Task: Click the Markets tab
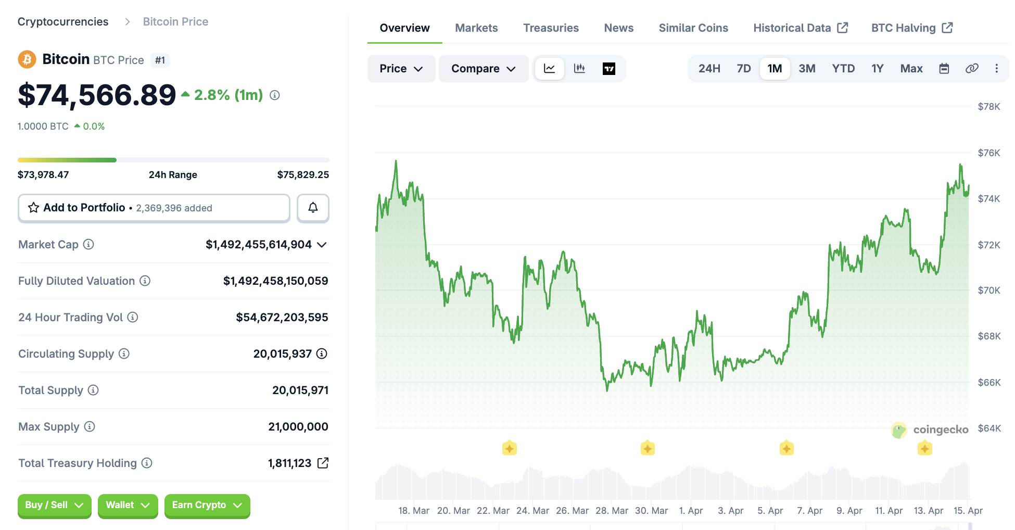pos(476,28)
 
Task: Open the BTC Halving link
pos(911,28)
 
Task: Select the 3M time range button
pos(807,69)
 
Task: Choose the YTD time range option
pos(843,69)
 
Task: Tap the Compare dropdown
pos(483,69)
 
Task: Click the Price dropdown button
pos(401,69)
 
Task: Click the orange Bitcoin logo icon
pos(27,59)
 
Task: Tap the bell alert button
pos(313,208)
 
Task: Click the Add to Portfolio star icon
pos(34,208)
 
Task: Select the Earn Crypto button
pos(207,505)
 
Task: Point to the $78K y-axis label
pos(988,107)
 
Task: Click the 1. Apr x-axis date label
pos(691,511)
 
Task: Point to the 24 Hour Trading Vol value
pos(282,318)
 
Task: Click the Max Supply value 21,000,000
pos(298,427)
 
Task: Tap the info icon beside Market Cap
pos(88,244)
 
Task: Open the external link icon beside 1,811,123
pos(323,463)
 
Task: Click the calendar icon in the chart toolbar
pos(944,69)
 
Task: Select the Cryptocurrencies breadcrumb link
pos(63,22)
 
